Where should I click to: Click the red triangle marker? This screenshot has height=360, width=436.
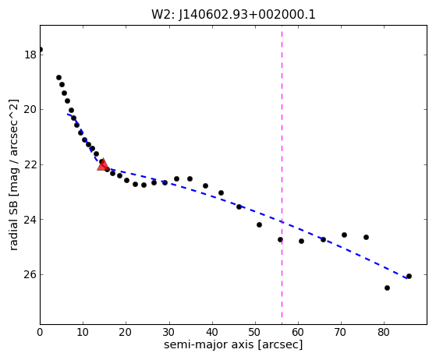pos(103,164)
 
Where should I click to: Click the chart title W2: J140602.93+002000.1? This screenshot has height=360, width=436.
pos(233,15)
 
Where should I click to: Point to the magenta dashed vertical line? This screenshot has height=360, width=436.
pos(282,175)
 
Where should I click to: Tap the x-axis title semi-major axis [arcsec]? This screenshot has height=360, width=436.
pos(233,344)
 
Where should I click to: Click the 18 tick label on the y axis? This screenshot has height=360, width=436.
pos(30,55)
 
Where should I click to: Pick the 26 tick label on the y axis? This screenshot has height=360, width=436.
pos(30,274)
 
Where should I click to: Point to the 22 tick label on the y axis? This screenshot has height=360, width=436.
pos(30,164)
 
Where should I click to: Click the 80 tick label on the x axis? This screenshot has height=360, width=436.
pos(384,332)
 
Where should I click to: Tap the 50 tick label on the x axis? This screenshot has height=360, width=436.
pos(255,332)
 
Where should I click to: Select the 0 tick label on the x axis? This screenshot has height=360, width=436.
pos(40,332)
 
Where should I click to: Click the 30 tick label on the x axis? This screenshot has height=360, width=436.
pos(169,332)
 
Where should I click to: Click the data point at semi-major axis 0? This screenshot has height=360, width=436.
pos(41,50)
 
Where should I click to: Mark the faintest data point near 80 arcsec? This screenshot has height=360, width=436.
pos(387,288)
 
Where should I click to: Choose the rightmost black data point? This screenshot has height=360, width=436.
pos(409,276)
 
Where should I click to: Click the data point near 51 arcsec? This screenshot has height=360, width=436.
pos(259,224)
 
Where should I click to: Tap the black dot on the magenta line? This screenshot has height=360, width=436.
pos(280,239)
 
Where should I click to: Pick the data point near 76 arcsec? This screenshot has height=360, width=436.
pos(366,237)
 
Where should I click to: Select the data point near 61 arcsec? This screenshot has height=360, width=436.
pos(301,241)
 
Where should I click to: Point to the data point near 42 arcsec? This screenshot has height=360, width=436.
pos(221,192)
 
